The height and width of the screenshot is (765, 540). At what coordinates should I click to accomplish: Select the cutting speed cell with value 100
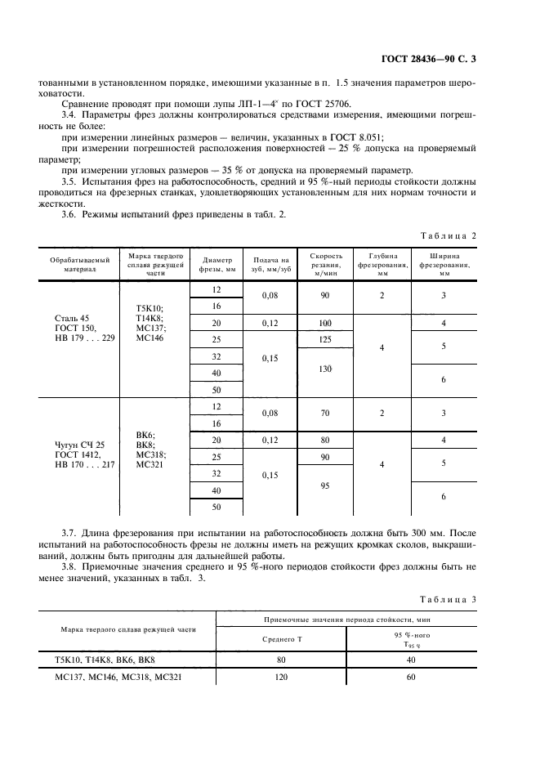click(325, 323)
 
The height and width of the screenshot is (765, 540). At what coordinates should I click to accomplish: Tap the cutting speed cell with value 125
click(325, 339)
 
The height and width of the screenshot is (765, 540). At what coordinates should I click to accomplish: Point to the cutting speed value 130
click(325, 369)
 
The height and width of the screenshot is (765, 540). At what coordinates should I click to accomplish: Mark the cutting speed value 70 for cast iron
click(325, 414)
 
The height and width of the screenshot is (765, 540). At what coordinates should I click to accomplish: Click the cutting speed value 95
click(325, 485)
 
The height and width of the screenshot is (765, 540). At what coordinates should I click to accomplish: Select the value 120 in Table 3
click(282, 678)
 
